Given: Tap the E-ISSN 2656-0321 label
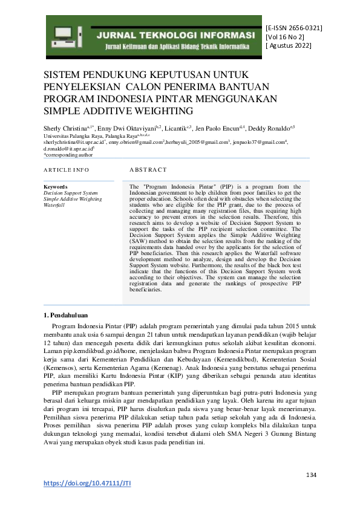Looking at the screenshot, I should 293,28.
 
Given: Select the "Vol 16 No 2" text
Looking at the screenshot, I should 285,37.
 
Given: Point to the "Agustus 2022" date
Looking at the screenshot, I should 289,47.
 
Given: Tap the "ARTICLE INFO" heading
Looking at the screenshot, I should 67,170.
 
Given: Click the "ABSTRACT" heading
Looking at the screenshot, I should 148,170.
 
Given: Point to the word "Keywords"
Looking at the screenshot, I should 56,187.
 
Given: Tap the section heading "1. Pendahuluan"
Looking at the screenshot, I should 66,315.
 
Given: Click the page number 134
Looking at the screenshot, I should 310,475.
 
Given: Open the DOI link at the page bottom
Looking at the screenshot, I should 88,483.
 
